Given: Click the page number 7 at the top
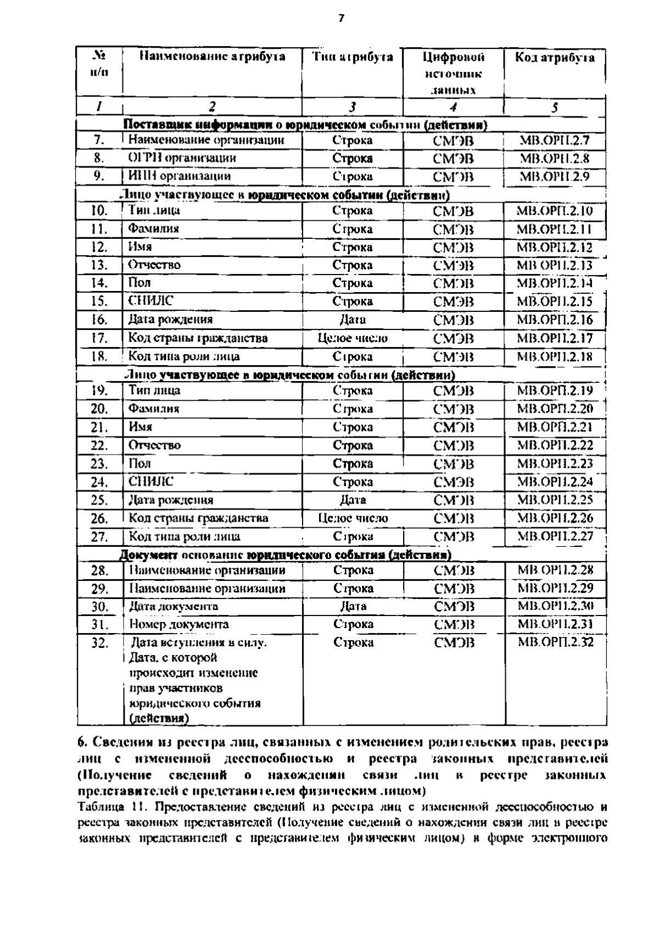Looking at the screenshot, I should coord(340,18).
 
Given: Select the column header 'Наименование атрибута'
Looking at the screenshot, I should coord(212,57).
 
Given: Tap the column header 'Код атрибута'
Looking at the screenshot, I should coord(555,58).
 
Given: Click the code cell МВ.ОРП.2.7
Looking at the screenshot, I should coord(554,141).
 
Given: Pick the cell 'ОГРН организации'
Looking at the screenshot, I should coord(182,158).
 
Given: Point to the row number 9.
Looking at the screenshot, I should coord(99,176).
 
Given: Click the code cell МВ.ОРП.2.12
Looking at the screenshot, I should coord(555,247).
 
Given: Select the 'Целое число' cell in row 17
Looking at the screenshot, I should coord(353,338).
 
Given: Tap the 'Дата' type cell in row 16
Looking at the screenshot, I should coord(353,320).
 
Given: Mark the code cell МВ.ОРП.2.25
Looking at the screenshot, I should coord(555,500).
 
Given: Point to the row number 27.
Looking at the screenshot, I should coord(99,536).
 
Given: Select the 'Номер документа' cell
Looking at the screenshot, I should coord(179,624).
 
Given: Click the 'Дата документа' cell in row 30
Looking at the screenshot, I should coord(174,606).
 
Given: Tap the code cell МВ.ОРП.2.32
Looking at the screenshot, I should coord(556,642).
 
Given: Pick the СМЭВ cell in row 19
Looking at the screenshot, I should coord(454,391).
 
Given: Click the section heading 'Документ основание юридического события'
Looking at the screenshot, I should coord(286,555).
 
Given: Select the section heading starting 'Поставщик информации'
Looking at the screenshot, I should coord(305,125).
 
